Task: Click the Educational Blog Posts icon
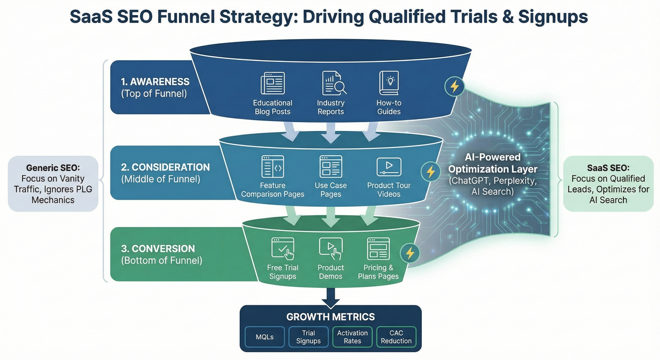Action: pos(272,84)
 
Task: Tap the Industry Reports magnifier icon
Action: pos(334,84)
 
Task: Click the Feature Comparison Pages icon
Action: pos(273,167)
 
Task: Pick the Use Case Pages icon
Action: pos(331,167)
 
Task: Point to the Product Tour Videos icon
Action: pos(389,166)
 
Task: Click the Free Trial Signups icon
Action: pos(283,249)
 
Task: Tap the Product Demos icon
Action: pos(331,249)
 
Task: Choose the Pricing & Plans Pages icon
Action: pos(378,249)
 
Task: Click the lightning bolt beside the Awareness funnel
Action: pos(454,87)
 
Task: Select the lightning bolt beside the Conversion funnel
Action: pos(410,253)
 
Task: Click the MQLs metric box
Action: pos(265,337)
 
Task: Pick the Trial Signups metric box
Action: pos(308,337)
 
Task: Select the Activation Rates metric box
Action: pos(353,337)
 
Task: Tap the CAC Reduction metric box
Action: pos(396,337)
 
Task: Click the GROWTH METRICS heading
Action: pos(331,317)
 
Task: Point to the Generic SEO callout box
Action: pos(53,184)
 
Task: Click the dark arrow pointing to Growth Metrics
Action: pos(331,296)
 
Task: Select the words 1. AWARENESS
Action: pos(155,81)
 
